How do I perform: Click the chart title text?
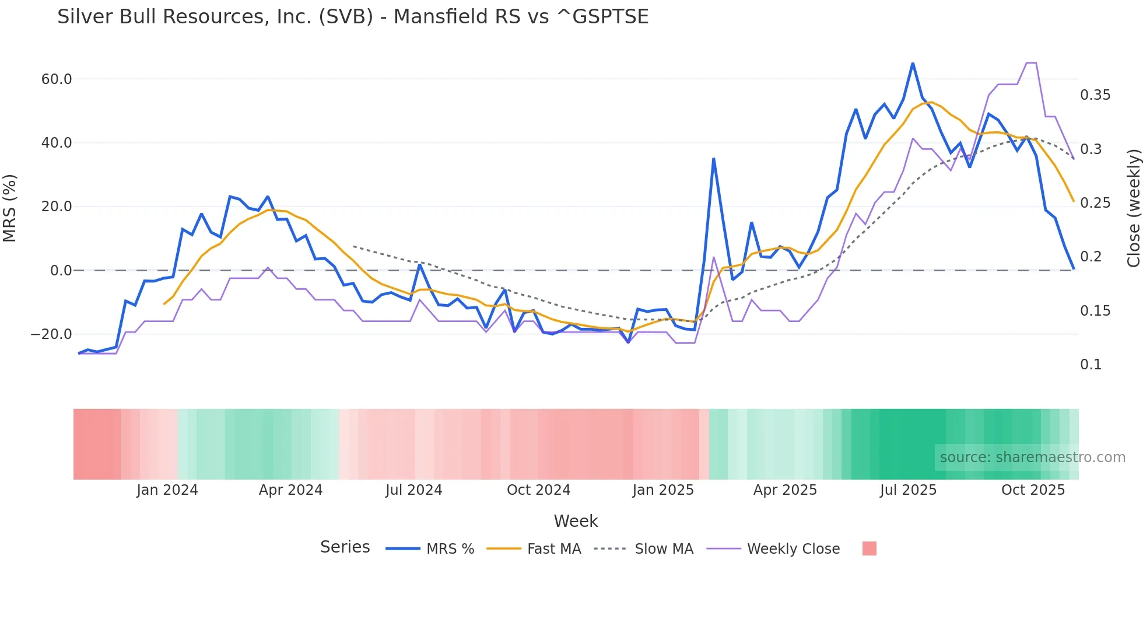point(353,16)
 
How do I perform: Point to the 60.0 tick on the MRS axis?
point(57,79)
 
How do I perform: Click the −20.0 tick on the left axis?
point(51,334)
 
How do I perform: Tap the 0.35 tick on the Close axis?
point(1095,95)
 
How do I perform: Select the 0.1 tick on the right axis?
point(1091,365)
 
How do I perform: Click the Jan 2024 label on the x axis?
point(167,490)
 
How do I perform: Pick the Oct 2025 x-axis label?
point(1033,490)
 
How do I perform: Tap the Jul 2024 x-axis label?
point(413,490)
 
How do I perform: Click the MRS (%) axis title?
point(10,208)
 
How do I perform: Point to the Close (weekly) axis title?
point(1133,208)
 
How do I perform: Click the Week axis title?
point(576,521)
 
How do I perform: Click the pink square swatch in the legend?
point(869,548)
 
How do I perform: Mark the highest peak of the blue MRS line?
point(913,63)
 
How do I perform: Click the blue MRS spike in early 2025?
point(713,159)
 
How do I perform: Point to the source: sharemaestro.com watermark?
point(1032,457)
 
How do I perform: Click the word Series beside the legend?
point(345,547)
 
